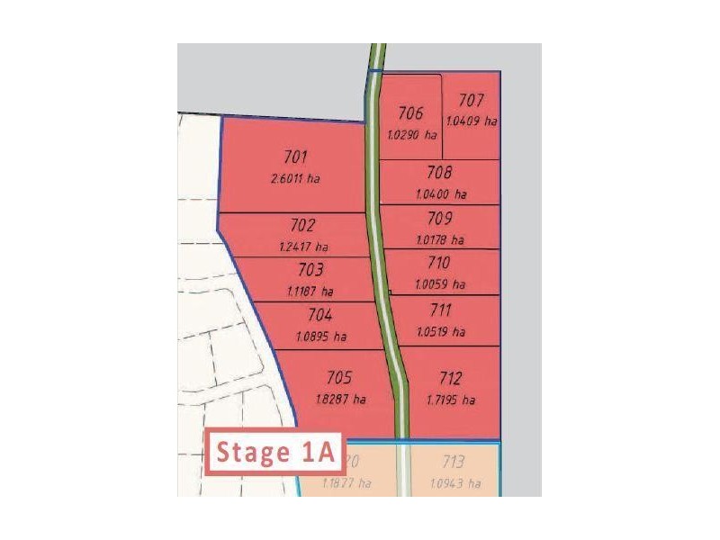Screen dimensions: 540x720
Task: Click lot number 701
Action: coord(294,157)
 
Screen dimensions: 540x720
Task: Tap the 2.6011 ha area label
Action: coord(294,178)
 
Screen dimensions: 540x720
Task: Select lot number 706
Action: coord(410,113)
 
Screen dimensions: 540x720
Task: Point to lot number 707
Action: coord(471,101)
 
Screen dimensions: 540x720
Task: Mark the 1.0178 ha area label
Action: coord(440,239)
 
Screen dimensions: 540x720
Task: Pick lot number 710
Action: coord(438,264)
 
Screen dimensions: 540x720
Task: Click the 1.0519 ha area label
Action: coord(441,331)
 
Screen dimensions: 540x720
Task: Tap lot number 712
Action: coord(451,378)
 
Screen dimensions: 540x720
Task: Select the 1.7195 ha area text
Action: coord(451,400)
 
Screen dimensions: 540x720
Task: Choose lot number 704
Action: coord(320,316)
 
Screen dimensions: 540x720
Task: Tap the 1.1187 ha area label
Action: coord(310,292)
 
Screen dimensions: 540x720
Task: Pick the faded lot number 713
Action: coord(454,463)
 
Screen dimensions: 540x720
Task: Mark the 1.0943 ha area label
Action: coord(455,484)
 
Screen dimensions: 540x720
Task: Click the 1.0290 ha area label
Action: coord(411,135)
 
